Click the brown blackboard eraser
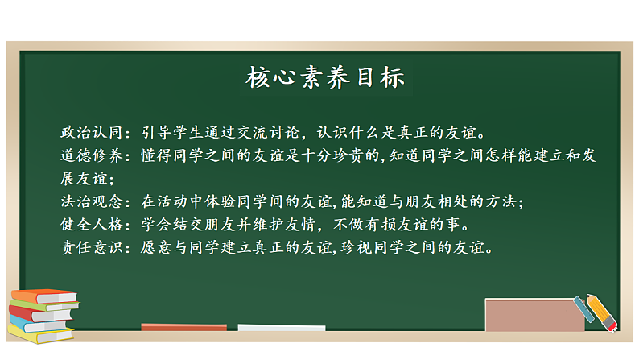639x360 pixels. (x=534, y=315)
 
